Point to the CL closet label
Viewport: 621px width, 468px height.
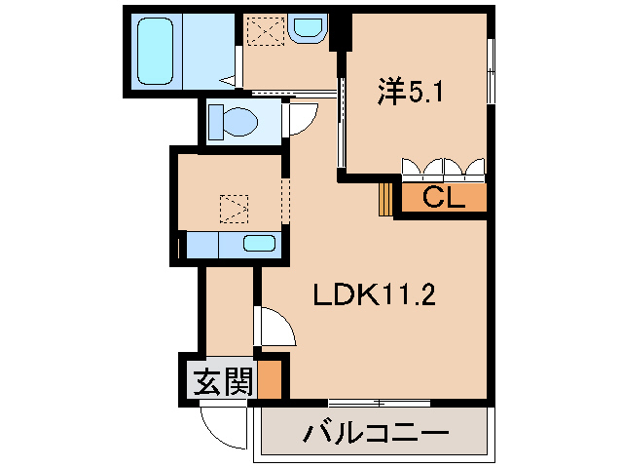tap(442, 197)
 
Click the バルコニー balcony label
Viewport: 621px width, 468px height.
tap(374, 432)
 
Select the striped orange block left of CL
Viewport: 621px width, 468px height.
tap(386, 197)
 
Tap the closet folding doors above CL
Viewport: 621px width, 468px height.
tap(444, 169)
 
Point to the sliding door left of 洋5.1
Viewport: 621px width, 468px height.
tap(341, 127)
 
